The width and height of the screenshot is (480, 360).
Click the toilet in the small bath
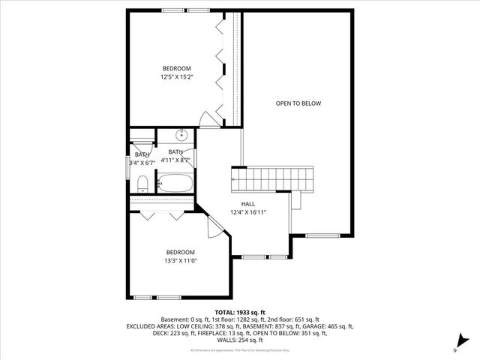pyautogui.click(x=142, y=183)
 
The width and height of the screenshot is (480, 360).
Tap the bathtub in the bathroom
pyautogui.click(x=175, y=183)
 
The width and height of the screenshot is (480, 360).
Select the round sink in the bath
pyautogui.click(x=181, y=136)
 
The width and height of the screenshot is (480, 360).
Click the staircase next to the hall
pyautogui.click(x=271, y=179)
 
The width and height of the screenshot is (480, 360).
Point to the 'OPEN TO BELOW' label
pyautogui.click(x=298, y=103)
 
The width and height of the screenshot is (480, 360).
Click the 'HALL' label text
pyautogui.click(x=248, y=204)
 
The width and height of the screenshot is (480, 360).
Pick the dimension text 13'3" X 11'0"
pyautogui.click(x=181, y=260)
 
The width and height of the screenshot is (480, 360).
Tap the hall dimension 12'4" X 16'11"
pyautogui.click(x=248, y=212)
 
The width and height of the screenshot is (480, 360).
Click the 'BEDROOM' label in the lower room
pyautogui.click(x=181, y=252)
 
